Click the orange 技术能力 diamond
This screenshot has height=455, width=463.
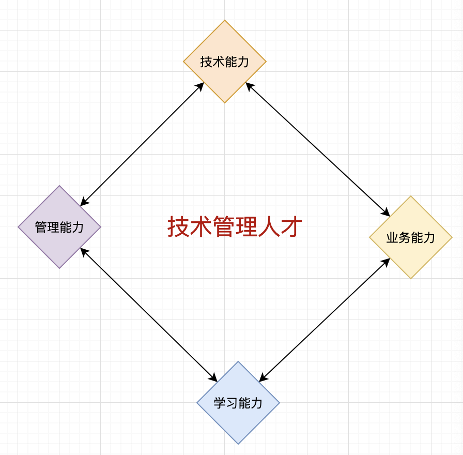point(225,62)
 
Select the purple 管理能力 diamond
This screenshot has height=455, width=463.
point(59,227)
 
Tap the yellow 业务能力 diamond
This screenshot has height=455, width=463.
point(411,237)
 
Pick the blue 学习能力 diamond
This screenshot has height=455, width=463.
point(238,403)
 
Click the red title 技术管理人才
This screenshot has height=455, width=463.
point(235,227)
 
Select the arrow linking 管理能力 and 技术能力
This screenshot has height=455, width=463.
point(142,144)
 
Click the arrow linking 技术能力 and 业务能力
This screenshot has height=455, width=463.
point(318,148)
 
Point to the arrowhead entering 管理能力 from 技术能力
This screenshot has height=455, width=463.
point(83,203)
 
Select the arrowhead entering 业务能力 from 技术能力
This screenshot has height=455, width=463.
point(387,213)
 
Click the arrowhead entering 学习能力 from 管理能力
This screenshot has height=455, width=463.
point(214,378)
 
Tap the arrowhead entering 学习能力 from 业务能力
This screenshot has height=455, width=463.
point(261,379)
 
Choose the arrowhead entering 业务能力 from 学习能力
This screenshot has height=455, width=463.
point(387,261)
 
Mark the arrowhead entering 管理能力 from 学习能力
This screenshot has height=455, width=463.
point(83,251)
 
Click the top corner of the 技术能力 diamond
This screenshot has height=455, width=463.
point(225,21)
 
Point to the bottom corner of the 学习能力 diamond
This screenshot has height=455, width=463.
point(238,444)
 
